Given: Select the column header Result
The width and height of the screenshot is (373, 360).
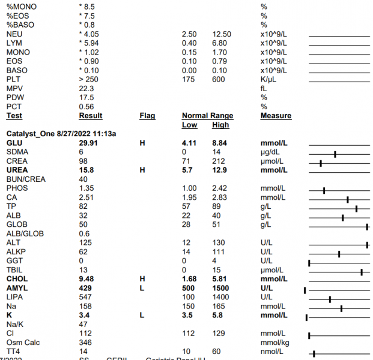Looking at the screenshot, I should pos(91,116).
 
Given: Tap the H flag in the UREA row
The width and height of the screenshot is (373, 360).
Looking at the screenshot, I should pos(142,170).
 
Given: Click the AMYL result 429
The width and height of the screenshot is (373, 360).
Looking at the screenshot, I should pos(85,288).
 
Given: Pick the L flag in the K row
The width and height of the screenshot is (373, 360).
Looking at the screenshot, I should pos(142,315).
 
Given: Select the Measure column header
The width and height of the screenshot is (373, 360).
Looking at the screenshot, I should pos(276,116).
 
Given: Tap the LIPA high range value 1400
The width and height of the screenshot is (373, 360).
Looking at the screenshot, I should pos(220,297).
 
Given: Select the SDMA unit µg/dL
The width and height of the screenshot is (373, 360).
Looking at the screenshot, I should pos(271,153).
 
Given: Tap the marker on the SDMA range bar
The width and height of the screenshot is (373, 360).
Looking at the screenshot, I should pos(335,154).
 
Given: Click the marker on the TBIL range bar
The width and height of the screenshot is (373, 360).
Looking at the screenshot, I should pos(362,272).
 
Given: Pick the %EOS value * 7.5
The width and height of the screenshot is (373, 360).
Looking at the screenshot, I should pos(87,16).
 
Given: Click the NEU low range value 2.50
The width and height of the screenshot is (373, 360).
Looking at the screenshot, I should pos(189,34).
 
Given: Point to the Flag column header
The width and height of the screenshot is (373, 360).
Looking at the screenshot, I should pos(147,116).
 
